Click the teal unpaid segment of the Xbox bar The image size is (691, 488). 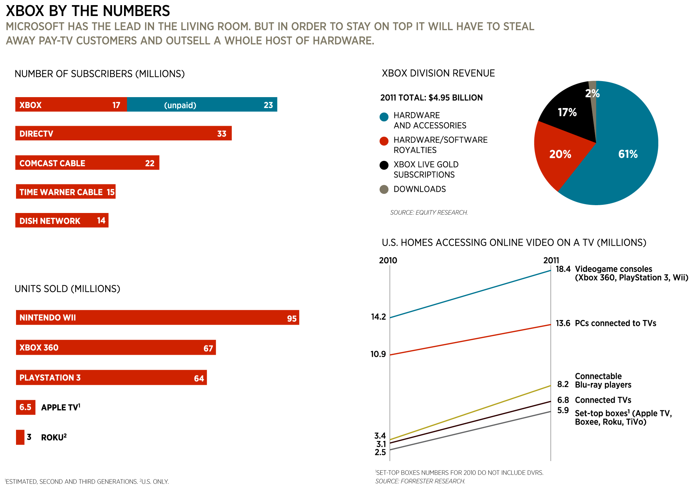[x=202, y=105]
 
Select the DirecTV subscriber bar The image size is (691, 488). [x=123, y=133]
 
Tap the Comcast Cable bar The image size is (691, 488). [x=87, y=163]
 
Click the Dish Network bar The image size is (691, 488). [x=62, y=220]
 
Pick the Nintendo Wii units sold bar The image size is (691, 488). [x=157, y=318]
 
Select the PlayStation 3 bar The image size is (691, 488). [x=111, y=378]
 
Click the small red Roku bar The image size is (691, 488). [x=20, y=437]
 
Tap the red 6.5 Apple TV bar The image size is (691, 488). [x=26, y=407]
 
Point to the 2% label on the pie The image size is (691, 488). [x=593, y=93]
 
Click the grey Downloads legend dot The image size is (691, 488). [x=384, y=189]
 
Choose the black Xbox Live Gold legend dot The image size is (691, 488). [x=384, y=165]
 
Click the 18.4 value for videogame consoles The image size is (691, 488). [x=563, y=269]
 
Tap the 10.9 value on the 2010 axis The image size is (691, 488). [x=378, y=354]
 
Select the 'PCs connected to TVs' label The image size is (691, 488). [x=615, y=323]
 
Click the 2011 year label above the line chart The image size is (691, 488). [x=551, y=260]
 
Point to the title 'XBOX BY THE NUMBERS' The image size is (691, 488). [x=88, y=11]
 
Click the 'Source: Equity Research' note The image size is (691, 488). [x=429, y=213]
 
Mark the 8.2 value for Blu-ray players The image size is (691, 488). [x=563, y=384]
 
